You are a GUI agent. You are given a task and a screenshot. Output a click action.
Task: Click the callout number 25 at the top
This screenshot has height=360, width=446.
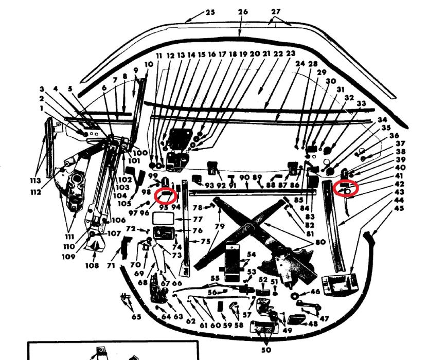(210, 12)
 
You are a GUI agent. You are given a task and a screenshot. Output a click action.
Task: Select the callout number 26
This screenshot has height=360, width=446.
(243, 12)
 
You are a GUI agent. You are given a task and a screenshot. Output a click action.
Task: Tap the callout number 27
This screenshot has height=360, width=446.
(276, 12)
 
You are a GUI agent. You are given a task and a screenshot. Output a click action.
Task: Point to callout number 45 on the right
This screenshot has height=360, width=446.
(400, 208)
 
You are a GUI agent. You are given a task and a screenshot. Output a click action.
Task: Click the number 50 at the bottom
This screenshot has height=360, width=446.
(266, 350)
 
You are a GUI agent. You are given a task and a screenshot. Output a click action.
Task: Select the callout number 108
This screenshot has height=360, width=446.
(92, 266)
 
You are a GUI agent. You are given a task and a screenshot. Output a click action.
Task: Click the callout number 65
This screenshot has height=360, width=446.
(136, 317)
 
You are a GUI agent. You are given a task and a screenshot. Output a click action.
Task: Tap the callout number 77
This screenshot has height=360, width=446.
(198, 219)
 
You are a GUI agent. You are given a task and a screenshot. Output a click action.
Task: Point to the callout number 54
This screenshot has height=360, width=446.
(251, 255)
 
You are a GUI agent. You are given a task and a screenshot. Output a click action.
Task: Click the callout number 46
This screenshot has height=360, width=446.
(315, 292)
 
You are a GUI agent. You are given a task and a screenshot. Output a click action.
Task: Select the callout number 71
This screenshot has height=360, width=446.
(111, 265)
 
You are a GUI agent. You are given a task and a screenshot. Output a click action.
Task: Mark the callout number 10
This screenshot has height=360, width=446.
(149, 64)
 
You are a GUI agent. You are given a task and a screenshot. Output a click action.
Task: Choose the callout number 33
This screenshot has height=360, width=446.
(361, 103)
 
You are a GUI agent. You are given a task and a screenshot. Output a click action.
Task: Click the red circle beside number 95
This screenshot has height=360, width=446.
(166, 195)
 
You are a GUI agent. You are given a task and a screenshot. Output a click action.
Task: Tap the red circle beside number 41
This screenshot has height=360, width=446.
(345, 188)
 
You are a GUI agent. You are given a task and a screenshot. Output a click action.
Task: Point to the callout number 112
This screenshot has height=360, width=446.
(35, 192)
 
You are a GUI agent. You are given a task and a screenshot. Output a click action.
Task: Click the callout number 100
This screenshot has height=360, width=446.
(141, 153)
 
